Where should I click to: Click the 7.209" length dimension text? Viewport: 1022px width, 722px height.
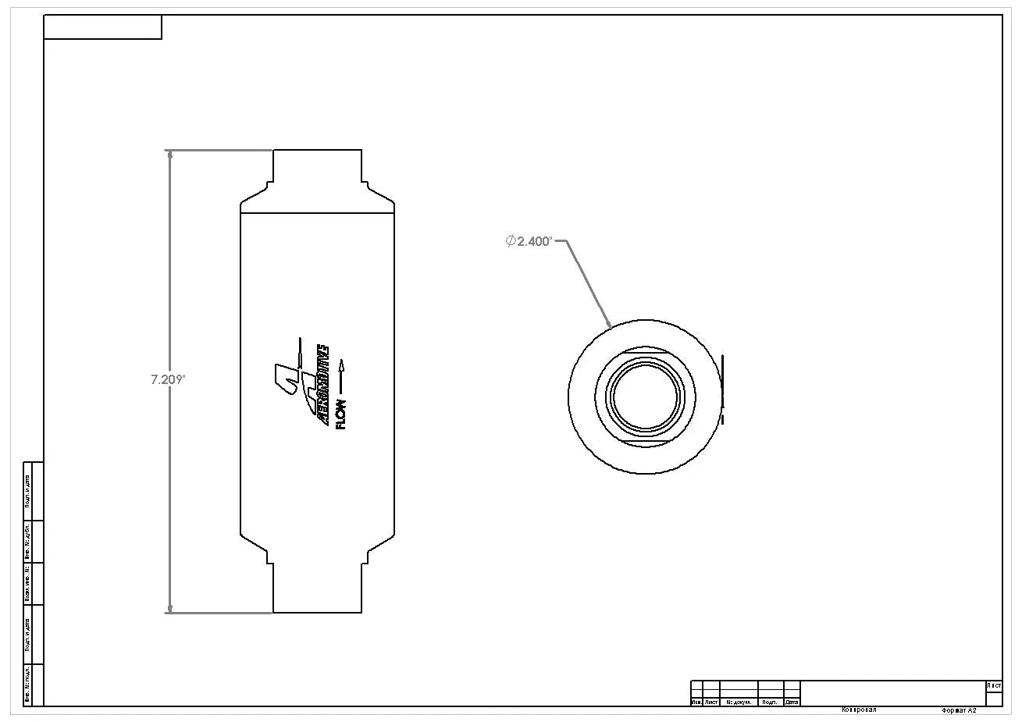[x=167, y=380]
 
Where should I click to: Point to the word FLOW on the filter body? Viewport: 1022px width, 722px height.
[x=340, y=413]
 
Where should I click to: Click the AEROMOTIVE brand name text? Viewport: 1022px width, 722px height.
[x=321, y=385]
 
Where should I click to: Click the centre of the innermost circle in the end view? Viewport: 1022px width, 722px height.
[x=644, y=397]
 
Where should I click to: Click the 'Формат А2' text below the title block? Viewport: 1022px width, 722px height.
[x=959, y=711]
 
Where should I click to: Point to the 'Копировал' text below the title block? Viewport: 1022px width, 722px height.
[x=859, y=710]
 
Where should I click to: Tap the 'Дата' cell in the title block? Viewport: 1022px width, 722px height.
[x=792, y=702]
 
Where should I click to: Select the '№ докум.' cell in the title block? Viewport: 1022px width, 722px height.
[x=739, y=702]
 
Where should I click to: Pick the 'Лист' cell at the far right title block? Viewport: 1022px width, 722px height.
[x=994, y=686]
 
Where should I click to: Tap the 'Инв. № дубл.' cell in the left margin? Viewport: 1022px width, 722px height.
[x=28, y=541]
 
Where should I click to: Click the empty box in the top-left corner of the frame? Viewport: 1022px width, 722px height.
[x=102, y=27]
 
